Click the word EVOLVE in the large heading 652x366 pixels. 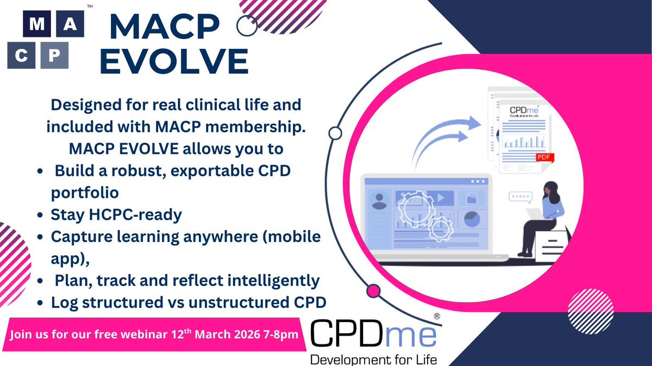[174, 61]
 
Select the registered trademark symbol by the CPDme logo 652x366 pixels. [435, 316]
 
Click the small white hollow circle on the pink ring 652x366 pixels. [335, 133]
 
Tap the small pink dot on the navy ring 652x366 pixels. [373, 291]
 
